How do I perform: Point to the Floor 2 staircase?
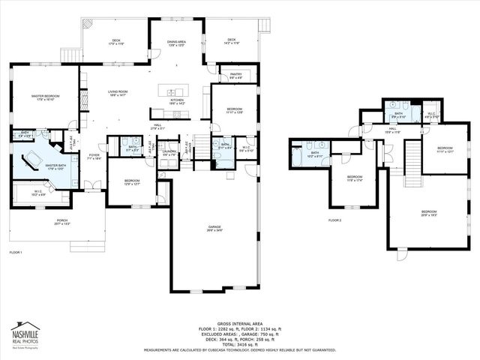414,165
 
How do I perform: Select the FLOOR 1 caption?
16,253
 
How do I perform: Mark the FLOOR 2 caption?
334,220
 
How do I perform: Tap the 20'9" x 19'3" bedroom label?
428,213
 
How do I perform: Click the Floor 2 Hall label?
392,130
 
